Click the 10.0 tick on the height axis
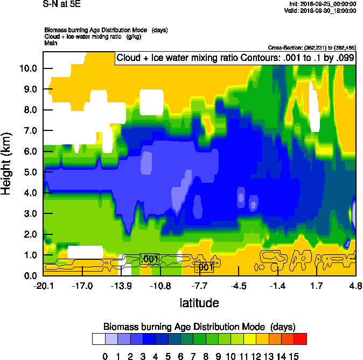27,68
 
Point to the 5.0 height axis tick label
30,172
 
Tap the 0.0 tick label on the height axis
30,275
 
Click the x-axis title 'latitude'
199,303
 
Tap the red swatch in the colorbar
301,338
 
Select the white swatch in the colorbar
99,338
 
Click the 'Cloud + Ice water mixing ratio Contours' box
235,58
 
